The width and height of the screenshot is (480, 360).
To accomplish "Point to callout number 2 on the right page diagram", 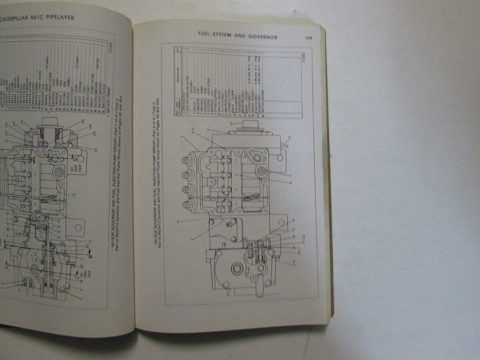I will [x=182, y=137].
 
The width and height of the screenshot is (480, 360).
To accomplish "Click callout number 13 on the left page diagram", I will [x=74, y=195].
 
